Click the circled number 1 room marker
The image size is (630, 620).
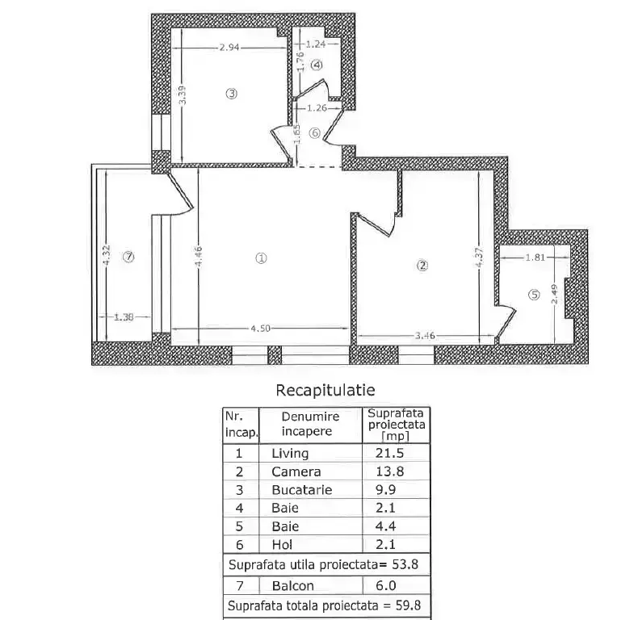[261, 258]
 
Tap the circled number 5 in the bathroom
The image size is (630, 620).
[534, 295]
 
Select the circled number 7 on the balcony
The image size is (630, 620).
[128, 257]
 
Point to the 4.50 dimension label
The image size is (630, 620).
[260, 329]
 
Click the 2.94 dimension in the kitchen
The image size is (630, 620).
[229, 48]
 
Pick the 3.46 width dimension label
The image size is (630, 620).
[425, 335]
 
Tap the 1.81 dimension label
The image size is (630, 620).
[535, 257]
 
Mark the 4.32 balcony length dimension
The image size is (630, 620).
[107, 255]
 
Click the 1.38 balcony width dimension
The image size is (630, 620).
[124, 316]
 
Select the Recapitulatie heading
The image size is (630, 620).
[325, 390]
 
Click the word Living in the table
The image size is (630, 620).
[290, 454]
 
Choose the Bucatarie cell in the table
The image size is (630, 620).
[302, 490]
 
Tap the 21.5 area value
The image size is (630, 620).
[390, 453]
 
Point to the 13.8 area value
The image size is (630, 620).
[390, 471]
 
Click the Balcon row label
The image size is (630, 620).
[292, 586]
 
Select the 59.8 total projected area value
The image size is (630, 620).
[408, 605]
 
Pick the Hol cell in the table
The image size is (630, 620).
[282, 545]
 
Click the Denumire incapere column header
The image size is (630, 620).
[310, 424]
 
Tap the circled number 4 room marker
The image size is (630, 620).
[317, 65]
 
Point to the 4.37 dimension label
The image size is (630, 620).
[480, 258]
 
